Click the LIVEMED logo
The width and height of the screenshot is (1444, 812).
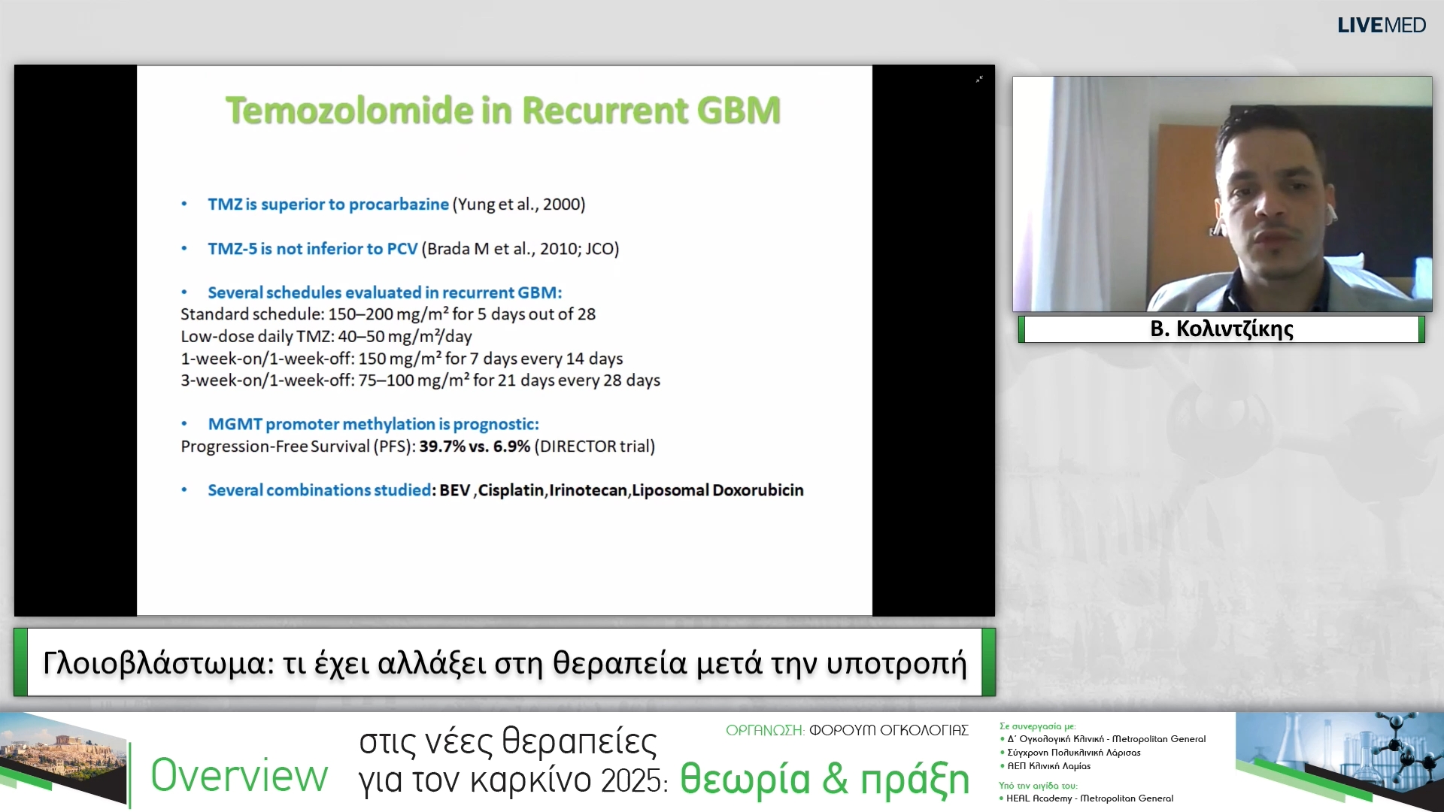click(x=1381, y=26)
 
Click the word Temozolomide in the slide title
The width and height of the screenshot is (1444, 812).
click(x=349, y=111)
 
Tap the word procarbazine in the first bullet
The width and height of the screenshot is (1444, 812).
click(x=399, y=205)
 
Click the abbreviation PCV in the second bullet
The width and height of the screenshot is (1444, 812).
click(x=402, y=249)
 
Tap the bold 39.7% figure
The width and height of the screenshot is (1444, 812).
click(x=442, y=447)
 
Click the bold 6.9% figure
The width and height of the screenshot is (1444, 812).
click(x=511, y=447)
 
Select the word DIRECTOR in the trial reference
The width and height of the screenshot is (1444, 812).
click(x=578, y=447)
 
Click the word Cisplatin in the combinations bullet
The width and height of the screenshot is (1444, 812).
click(x=511, y=490)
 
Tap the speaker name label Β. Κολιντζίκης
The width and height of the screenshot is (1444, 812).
click(x=1221, y=329)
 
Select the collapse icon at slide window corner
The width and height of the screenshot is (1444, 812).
click(x=979, y=79)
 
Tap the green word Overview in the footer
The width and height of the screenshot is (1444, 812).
click(x=239, y=776)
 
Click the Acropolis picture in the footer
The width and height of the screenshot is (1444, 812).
click(x=63, y=759)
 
